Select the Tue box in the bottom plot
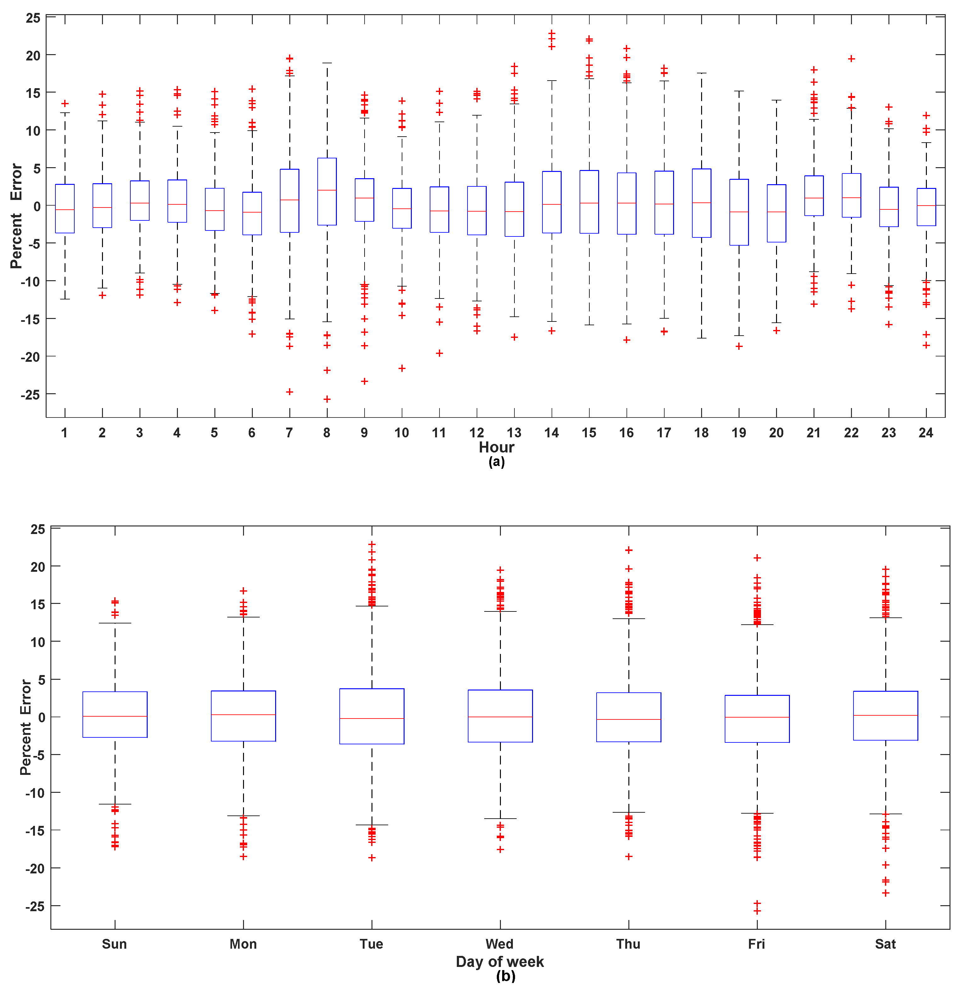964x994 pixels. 372,716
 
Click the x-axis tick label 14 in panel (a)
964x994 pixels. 551,433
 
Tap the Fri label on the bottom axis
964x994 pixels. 756,944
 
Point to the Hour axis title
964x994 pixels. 496,447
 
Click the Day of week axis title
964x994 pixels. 500,962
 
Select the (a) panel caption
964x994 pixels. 496,462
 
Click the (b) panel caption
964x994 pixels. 506,976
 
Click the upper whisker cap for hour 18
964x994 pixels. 701,73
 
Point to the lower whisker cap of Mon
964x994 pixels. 243,815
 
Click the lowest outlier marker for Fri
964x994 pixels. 757,911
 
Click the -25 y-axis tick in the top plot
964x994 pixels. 31,394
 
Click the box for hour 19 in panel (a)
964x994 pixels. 739,212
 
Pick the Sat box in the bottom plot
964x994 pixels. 885,716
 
